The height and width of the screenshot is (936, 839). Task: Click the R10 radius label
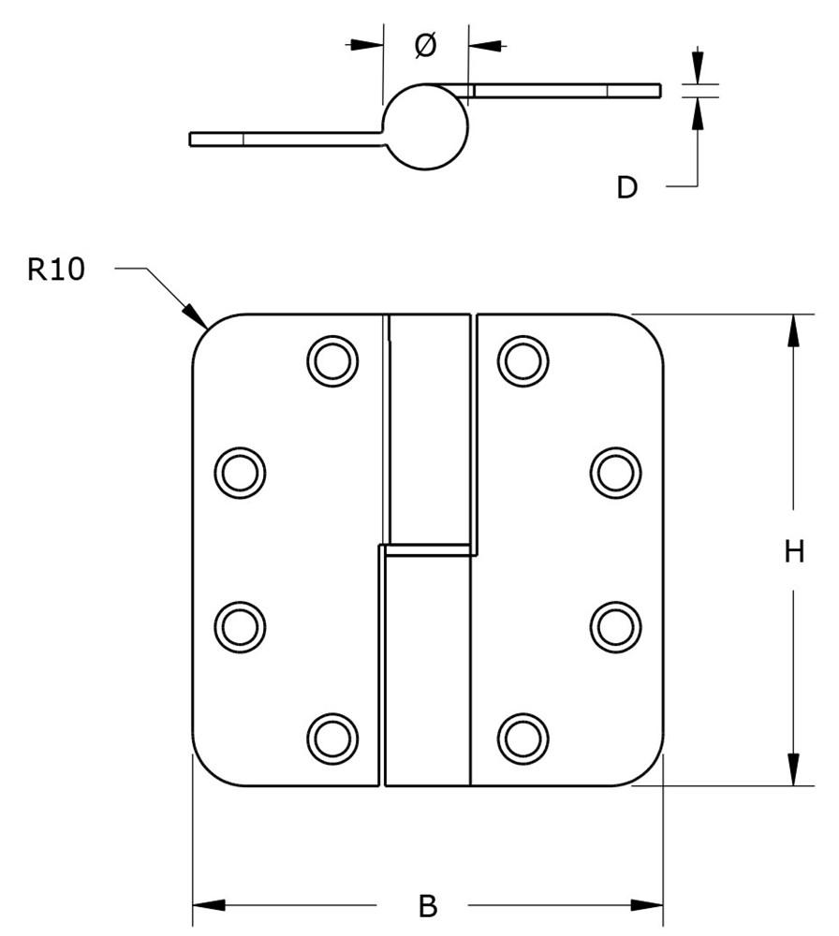pos(56,270)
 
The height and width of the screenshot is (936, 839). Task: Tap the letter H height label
pos(794,552)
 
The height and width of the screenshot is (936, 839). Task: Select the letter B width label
pos(427,906)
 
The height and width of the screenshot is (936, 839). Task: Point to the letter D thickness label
pos(626,188)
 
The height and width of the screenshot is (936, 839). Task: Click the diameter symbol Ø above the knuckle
pos(424,44)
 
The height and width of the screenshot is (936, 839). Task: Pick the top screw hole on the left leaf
pos(331,359)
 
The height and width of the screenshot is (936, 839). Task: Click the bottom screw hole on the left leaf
pos(331,738)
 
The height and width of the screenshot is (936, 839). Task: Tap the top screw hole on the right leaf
pos(523,359)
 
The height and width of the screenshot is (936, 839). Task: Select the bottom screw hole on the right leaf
pos(523,738)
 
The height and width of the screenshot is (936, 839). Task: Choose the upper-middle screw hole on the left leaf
pos(240,472)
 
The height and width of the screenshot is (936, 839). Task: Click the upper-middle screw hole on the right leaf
pos(615,472)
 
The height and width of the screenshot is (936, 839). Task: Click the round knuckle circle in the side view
pos(426,127)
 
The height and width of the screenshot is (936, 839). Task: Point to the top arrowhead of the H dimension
pos(794,328)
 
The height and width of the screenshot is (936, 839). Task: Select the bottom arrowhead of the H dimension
pos(794,771)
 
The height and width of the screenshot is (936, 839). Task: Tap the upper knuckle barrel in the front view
pos(429,431)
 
